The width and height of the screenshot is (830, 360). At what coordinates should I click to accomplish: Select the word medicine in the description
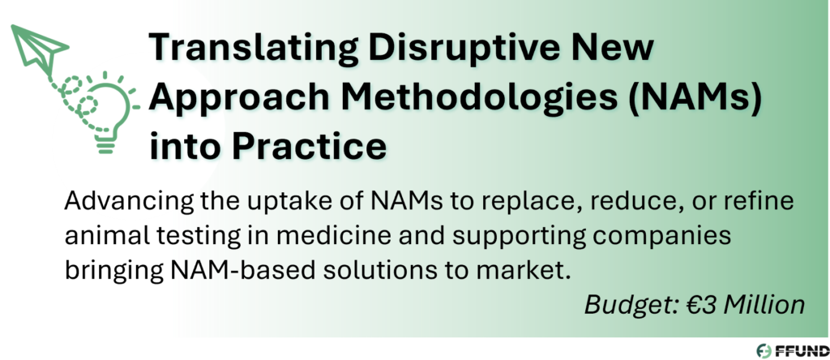tap(326, 236)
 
